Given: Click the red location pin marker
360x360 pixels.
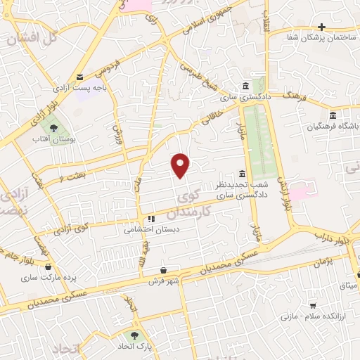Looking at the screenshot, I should [181, 165].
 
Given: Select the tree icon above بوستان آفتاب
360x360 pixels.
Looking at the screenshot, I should [53, 127].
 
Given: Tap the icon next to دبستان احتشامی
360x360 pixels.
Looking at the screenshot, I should [150, 219].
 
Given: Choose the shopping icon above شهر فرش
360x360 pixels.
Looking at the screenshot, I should [163, 270].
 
